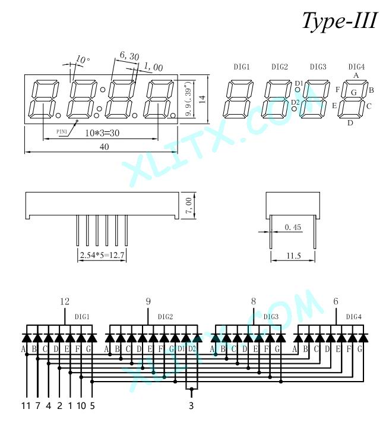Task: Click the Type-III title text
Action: coord(340,21)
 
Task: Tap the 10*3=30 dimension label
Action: coord(102,133)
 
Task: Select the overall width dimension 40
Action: coord(104,147)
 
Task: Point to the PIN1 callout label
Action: coord(62,132)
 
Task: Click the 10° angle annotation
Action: coord(83,59)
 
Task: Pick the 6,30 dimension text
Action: coord(129,56)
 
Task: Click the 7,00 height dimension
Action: coord(188,206)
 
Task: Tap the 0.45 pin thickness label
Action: coord(293,227)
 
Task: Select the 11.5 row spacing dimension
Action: coord(293,256)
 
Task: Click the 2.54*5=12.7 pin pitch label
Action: coord(102,255)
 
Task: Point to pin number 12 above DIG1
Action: coord(65,301)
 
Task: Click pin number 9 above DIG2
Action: coord(148,301)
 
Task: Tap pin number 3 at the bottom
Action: coord(191,405)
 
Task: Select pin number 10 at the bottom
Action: coord(81,405)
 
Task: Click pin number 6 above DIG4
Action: coord(336,301)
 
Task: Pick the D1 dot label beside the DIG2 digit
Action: coord(299,83)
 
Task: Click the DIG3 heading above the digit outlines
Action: coord(318,67)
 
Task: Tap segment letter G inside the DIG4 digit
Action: coord(353,93)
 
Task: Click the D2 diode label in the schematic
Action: coord(192,349)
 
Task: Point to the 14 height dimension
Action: coord(202,99)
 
